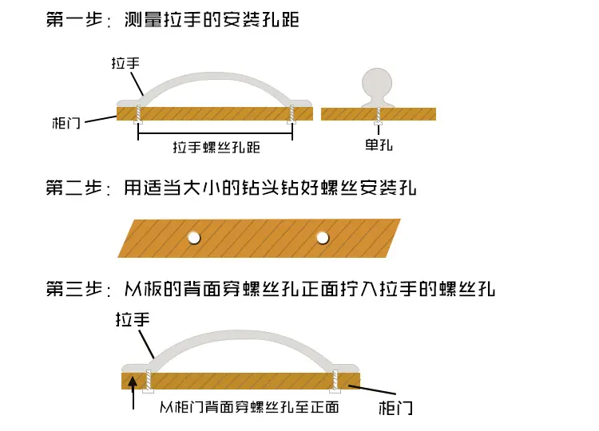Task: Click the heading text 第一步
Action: pyautogui.click(x=74, y=19)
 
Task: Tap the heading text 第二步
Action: pyautogui.click(x=74, y=188)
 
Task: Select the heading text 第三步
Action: pyautogui.click(x=74, y=289)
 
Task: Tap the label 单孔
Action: pyautogui.click(x=379, y=145)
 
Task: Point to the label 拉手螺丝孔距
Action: pyautogui.click(x=216, y=148)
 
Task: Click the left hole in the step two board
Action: pyautogui.click(x=194, y=238)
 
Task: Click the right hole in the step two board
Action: pyautogui.click(x=323, y=238)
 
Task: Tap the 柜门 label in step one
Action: pyautogui.click(x=66, y=123)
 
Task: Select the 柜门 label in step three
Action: pyautogui.click(x=395, y=408)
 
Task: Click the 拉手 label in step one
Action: pyautogui.click(x=125, y=63)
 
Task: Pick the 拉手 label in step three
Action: pyautogui.click(x=133, y=319)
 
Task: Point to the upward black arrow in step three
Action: pyautogui.click(x=133, y=393)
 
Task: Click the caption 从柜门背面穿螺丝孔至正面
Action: pyautogui.click(x=249, y=407)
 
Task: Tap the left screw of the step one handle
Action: pyautogui.click(x=138, y=114)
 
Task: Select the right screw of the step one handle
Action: pyautogui.click(x=292, y=114)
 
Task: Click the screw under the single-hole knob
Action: pyautogui.click(x=379, y=116)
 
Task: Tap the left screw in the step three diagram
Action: pyautogui.click(x=149, y=382)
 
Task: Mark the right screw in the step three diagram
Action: pyautogui.click(x=335, y=382)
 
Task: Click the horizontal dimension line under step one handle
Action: pyautogui.click(x=215, y=133)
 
